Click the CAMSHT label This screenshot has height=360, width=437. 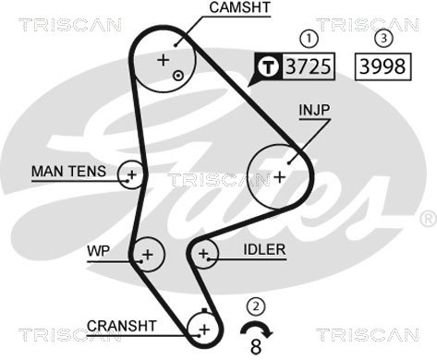pos(239,7)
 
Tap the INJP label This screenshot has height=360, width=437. pos(315,110)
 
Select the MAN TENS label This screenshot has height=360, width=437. pos(68,171)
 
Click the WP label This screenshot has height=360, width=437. pos(98,251)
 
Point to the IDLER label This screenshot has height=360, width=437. pos(264,249)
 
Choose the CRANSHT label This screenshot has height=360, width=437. pos(122,326)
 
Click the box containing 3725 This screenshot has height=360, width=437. pos(309,66)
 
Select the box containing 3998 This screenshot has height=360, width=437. pos(383,66)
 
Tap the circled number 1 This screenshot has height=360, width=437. pos(309,39)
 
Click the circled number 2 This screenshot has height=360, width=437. pos(256,306)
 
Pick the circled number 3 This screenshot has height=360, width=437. pos(383,39)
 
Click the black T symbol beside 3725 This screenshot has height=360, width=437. pos(269,66)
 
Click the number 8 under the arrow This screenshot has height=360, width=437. pos(256,347)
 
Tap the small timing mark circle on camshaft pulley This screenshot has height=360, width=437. pos(178,76)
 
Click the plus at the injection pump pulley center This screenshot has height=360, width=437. pos(280,177)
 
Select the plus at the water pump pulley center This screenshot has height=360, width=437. pos(148,255)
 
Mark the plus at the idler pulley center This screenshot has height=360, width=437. pos(203,254)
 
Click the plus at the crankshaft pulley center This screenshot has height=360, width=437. pos(204,330)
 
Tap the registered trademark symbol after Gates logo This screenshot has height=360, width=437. pos(429,219)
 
